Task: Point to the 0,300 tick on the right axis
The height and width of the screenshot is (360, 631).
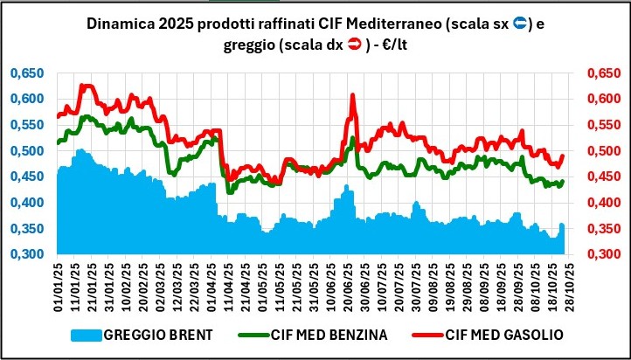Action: pos(602,254)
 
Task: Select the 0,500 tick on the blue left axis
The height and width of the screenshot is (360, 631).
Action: pos(26,150)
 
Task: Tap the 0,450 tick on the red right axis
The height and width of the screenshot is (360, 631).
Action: pos(602,177)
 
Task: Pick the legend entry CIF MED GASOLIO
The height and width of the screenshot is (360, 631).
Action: pos(502,333)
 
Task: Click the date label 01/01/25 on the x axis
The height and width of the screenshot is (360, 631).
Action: pos(58,287)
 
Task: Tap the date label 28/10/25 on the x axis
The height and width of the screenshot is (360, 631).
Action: pos(568,287)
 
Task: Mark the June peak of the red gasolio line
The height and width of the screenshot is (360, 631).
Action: pos(352,95)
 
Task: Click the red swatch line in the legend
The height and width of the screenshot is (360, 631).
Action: pos(425,333)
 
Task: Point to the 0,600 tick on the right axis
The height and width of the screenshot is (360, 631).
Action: pos(602,99)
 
